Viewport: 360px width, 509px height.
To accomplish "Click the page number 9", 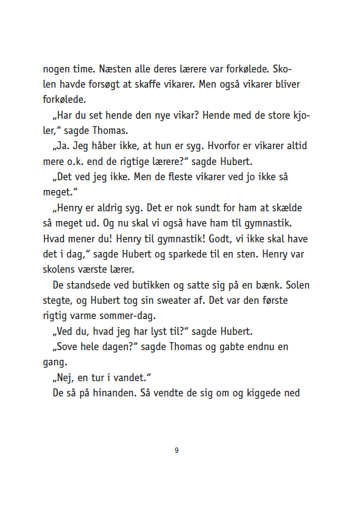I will pos(177,451).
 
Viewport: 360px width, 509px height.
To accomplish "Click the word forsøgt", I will pos(101,84).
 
